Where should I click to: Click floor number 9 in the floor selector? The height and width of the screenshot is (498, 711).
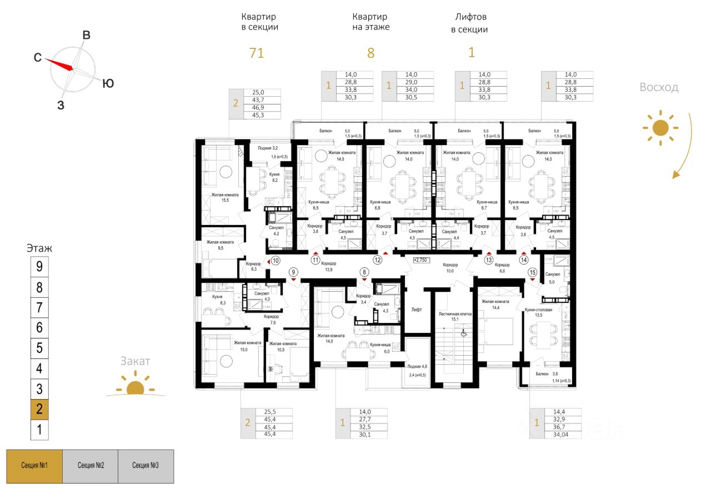[x=39, y=267]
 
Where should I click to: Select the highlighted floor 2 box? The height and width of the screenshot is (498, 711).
[x=39, y=410]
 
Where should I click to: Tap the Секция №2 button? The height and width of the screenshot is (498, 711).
[x=91, y=465]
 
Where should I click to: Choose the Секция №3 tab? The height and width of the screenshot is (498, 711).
[x=146, y=465]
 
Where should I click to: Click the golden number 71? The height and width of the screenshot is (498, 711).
[x=256, y=53]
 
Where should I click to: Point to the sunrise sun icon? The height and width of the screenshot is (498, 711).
[x=660, y=128]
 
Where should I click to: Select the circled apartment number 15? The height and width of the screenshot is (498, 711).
[x=533, y=272]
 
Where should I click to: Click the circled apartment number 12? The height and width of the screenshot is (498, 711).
[x=378, y=260]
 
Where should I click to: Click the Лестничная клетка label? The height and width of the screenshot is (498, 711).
[x=454, y=313]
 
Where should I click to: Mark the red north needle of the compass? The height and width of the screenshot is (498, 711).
[x=59, y=63]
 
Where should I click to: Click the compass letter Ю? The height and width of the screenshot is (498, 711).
[x=108, y=83]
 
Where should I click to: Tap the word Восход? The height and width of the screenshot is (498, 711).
[x=659, y=87]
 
